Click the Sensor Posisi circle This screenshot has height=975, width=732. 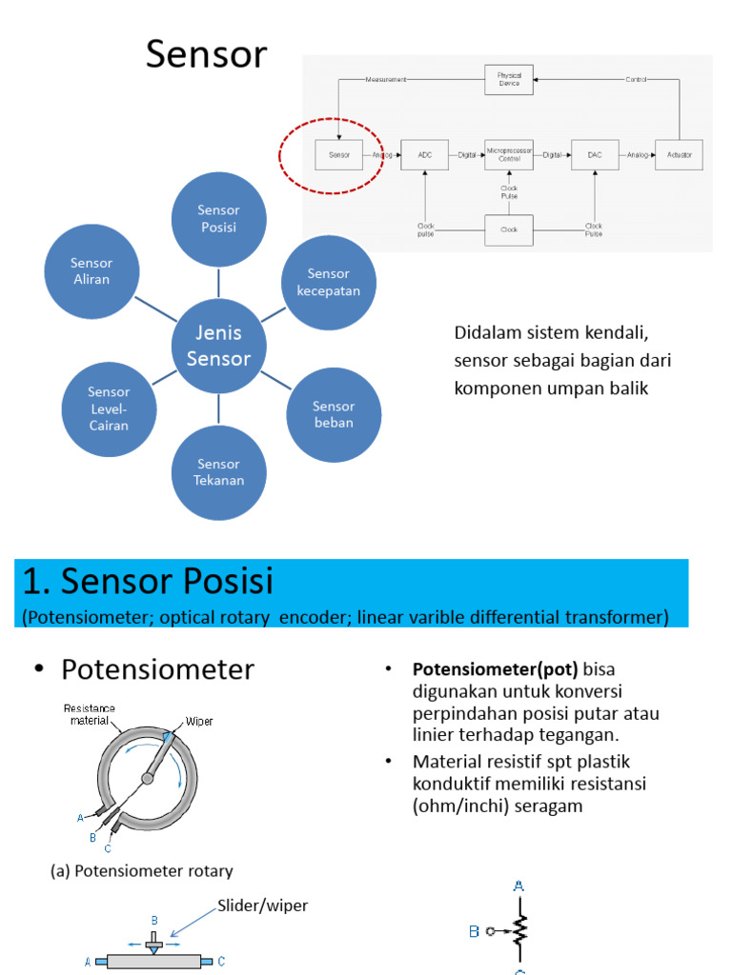click(218, 219)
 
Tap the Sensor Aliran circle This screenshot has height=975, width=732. click(91, 271)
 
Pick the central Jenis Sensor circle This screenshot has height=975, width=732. click(218, 346)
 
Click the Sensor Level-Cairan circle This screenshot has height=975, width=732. click(109, 408)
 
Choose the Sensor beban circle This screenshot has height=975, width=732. click(333, 414)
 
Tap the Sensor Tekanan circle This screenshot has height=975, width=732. click(219, 472)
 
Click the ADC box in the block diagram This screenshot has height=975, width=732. click(425, 153)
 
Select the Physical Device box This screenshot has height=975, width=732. click(509, 79)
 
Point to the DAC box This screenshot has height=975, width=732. click(595, 153)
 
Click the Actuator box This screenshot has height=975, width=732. click(680, 153)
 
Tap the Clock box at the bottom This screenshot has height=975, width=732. click(509, 229)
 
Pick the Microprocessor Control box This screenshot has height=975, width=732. click(509, 153)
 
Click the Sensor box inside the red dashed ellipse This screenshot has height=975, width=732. click(339, 153)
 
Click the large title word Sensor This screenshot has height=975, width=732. click(206, 56)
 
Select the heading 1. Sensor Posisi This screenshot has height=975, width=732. click(148, 581)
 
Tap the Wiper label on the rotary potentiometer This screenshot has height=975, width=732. click(199, 721)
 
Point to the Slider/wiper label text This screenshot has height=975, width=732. click(263, 905)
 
